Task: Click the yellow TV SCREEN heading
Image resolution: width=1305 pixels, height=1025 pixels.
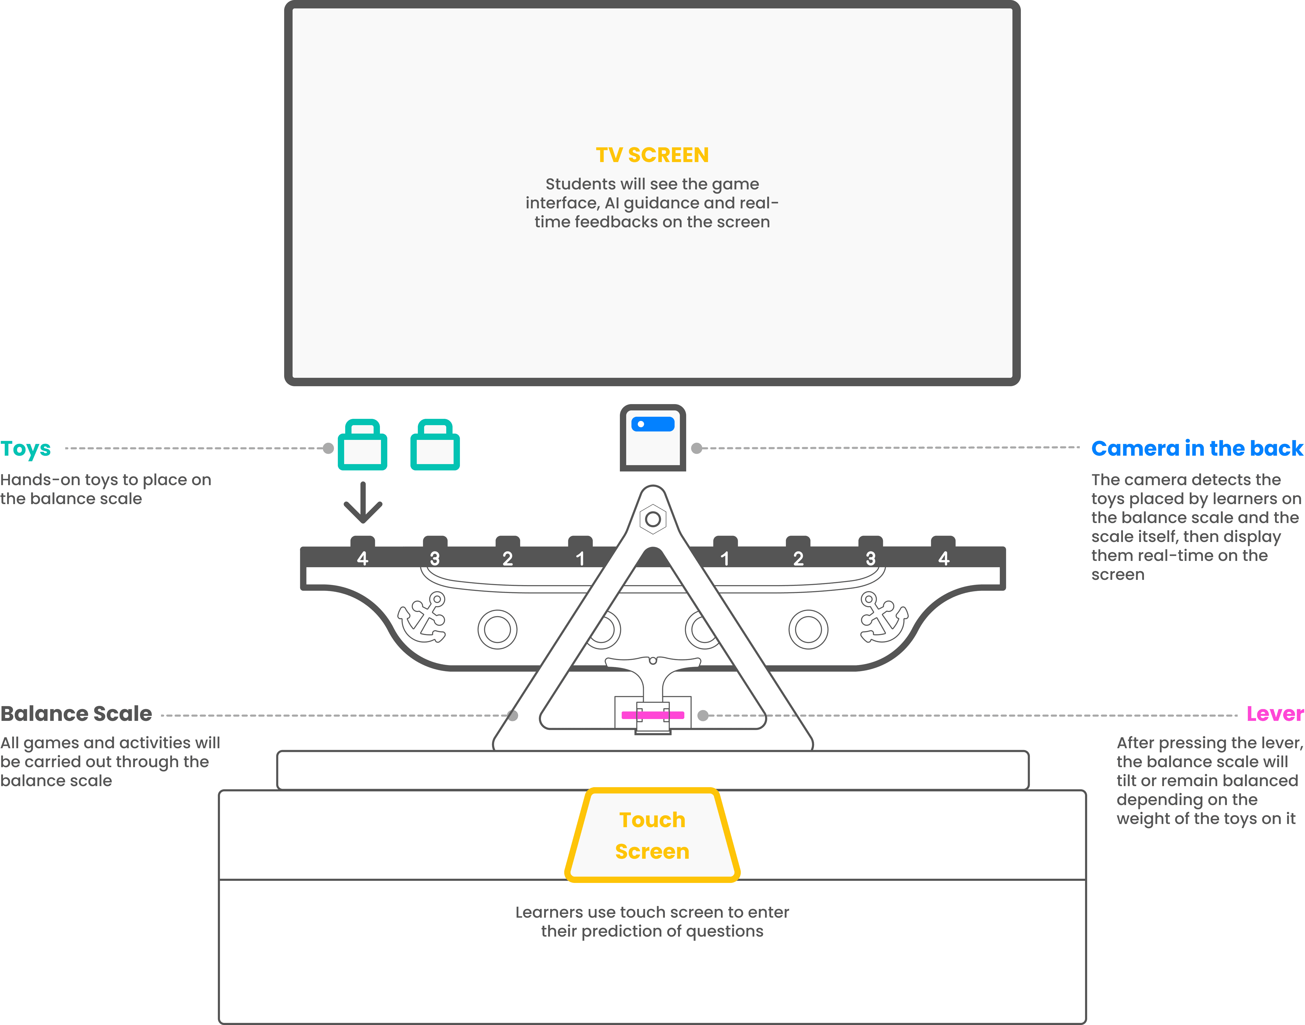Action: point(652,155)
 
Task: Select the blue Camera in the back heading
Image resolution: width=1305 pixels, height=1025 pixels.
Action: point(1197,448)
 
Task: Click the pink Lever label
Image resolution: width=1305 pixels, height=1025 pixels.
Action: point(1275,714)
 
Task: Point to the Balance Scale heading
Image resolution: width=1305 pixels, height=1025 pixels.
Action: point(76,714)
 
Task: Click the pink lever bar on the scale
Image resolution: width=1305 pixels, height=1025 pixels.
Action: point(653,715)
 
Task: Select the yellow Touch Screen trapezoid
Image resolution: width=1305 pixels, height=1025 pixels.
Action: point(652,835)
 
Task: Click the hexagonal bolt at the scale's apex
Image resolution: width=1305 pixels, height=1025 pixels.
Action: point(653,519)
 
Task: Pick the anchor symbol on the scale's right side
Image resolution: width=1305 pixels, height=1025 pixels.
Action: point(883,617)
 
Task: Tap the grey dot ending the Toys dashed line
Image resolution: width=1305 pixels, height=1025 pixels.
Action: point(328,448)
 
